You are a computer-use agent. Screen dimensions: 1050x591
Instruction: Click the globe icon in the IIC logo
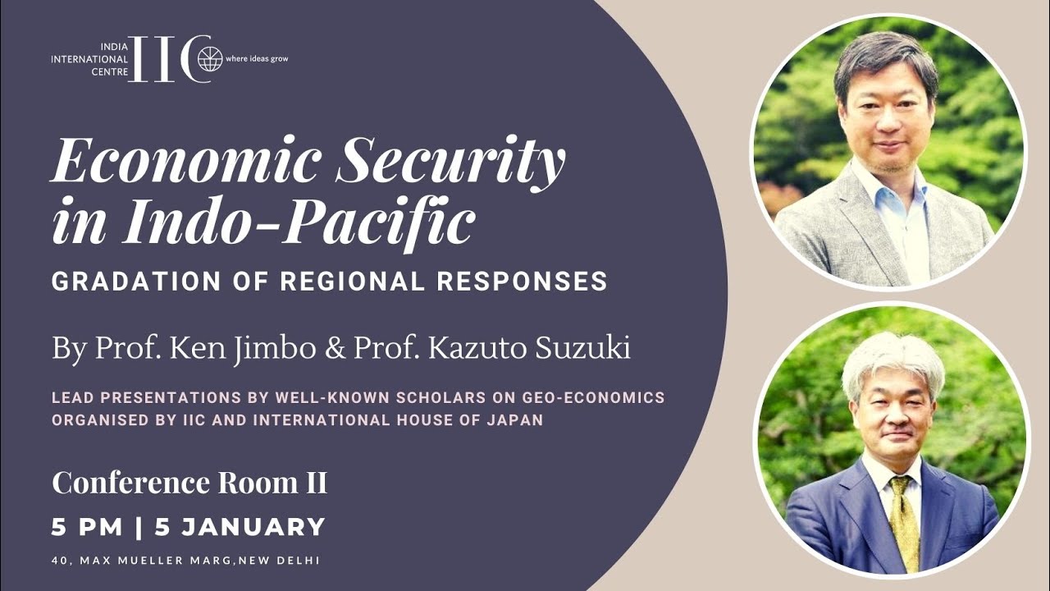click(x=210, y=59)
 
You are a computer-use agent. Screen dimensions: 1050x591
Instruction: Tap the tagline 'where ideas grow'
click(x=257, y=59)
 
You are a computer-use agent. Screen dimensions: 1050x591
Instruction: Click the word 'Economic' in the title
click(x=185, y=159)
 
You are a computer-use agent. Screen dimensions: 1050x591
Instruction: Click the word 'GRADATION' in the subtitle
click(x=136, y=282)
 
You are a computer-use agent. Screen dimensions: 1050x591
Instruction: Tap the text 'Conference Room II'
click(x=189, y=483)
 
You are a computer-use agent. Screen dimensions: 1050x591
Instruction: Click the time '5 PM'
click(x=87, y=527)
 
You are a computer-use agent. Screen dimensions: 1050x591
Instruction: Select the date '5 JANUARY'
click(x=240, y=527)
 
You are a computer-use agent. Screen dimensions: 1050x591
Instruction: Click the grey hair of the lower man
click(x=893, y=361)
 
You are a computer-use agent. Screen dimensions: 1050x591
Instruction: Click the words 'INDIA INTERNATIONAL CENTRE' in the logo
click(x=89, y=59)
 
